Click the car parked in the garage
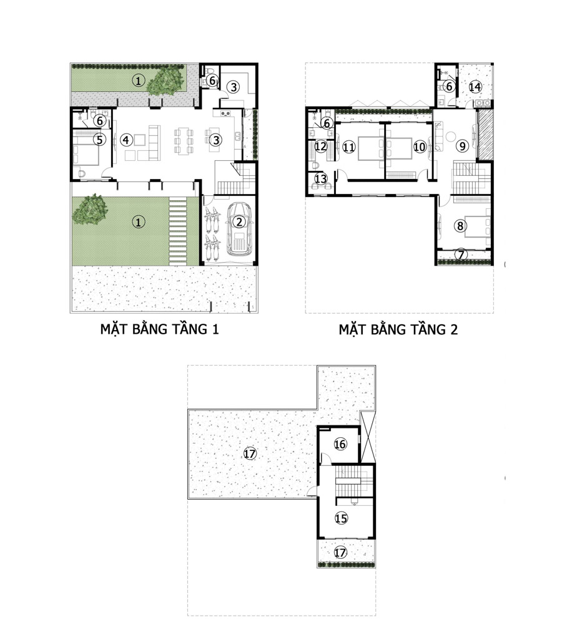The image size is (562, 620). pyautogui.click(x=239, y=230)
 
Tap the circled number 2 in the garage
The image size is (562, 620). pyautogui.click(x=239, y=222)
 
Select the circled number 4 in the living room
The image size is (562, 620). pyautogui.click(x=126, y=140)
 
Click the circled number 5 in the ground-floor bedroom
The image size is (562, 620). pyautogui.click(x=99, y=139)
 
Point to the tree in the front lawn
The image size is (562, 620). pyautogui.click(x=91, y=210)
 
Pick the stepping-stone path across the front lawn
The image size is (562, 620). pyautogui.click(x=178, y=231)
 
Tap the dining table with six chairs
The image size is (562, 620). pyautogui.click(x=184, y=140)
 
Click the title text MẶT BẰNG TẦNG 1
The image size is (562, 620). pyautogui.click(x=159, y=329)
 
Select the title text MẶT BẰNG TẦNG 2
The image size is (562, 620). pyautogui.click(x=398, y=329)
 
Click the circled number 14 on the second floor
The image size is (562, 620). pyautogui.click(x=475, y=87)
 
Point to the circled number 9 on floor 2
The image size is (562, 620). pyautogui.click(x=462, y=146)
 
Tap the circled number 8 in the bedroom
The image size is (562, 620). pyautogui.click(x=460, y=226)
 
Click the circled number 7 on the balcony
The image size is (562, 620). pyautogui.click(x=461, y=254)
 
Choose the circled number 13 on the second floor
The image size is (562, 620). pyautogui.click(x=320, y=179)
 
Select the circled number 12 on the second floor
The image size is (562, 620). pyautogui.click(x=320, y=147)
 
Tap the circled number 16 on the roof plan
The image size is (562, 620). pyautogui.click(x=340, y=444)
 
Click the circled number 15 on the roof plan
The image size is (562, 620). pyautogui.click(x=341, y=518)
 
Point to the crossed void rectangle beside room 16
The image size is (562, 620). pyautogui.click(x=368, y=437)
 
